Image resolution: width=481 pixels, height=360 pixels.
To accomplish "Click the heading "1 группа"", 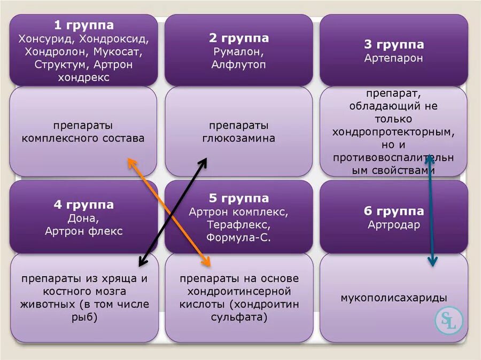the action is pos(83,25).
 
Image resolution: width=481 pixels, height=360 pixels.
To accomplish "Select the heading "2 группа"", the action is pos(238,38).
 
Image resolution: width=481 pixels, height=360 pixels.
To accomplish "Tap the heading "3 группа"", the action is pos(394,44).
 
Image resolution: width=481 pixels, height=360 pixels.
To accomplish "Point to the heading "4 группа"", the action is pos(83,205).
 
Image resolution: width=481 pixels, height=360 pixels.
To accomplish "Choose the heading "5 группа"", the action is pos(238,198).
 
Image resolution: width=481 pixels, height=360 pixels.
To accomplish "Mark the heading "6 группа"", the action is pos(394,211).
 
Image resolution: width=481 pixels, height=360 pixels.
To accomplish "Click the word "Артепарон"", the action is pos(394,58).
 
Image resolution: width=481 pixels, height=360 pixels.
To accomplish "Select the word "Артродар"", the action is pos(394,224).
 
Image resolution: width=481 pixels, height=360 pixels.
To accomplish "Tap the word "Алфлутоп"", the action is pos(238,65).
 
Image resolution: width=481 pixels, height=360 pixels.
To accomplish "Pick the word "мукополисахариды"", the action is pos(394,298).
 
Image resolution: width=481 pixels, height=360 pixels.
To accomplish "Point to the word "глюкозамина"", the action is pos(238,138).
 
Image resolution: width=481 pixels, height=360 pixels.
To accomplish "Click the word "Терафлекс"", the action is pos(238,225).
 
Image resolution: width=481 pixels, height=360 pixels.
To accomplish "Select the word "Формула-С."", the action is pos(238,238).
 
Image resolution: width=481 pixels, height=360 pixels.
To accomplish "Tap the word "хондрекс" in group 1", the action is pos(83,77).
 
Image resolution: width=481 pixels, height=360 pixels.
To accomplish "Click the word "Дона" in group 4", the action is pos(83,218).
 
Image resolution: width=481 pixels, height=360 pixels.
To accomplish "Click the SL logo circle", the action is pos(447,320).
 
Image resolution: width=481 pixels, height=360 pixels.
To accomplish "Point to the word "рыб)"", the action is pos(83,318).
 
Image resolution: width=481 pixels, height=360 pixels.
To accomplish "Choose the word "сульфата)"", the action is pos(238,318).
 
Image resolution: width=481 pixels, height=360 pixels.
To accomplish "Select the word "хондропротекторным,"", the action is pos(394,131).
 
